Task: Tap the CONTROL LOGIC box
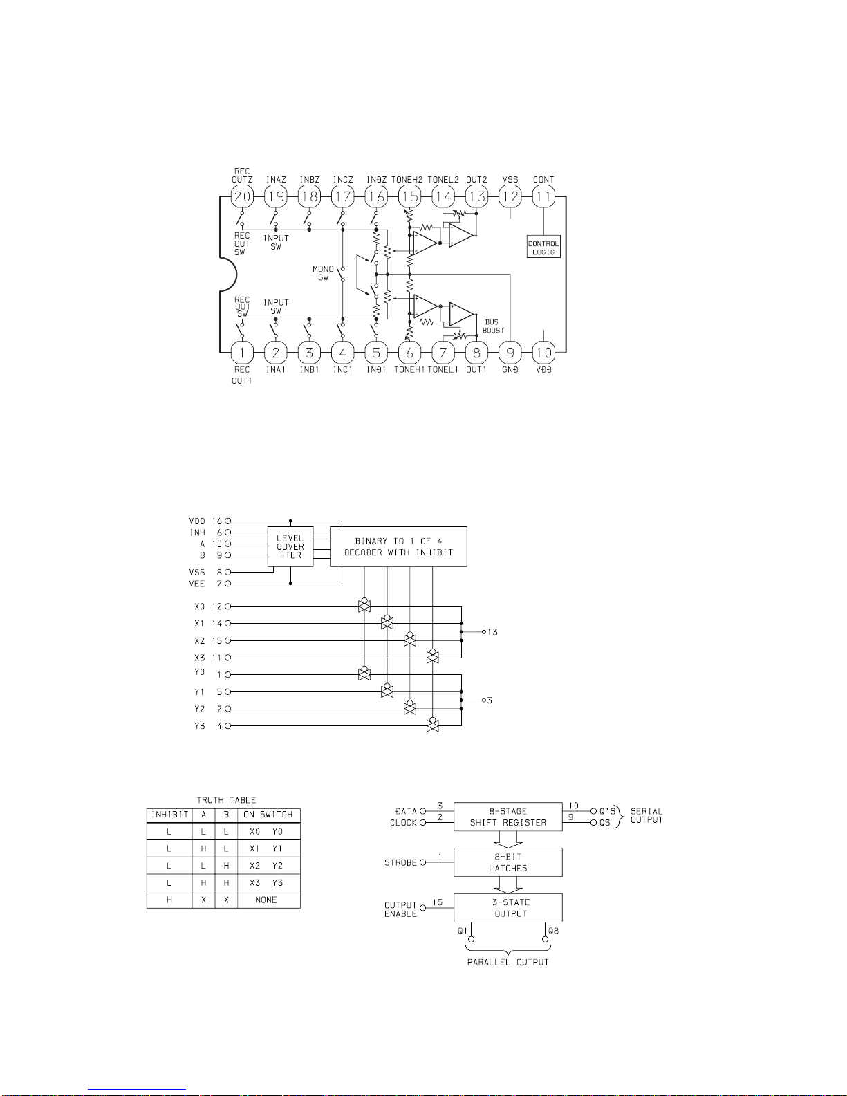tap(543, 247)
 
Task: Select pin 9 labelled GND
tap(510, 353)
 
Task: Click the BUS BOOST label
tap(492, 326)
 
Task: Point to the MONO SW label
tap(323, 273)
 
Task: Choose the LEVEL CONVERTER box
tap(290, 547)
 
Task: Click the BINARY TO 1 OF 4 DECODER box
tap(398, 547)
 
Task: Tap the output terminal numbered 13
tap(483, 632)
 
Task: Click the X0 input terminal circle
tap(228, 606)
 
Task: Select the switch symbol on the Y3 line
tap(433, 725)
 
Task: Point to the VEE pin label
tap(196, 584)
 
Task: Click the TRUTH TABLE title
tap(226, 800)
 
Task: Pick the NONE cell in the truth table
tap(266, 900)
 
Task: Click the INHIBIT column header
tap(170, 815)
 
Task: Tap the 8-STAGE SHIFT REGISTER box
tap(508, 817)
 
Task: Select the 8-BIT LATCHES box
tap(508, 862)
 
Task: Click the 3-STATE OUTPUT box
tap(508, 908)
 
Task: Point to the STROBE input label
tap(400, 862)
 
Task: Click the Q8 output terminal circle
tap(545, 939)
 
